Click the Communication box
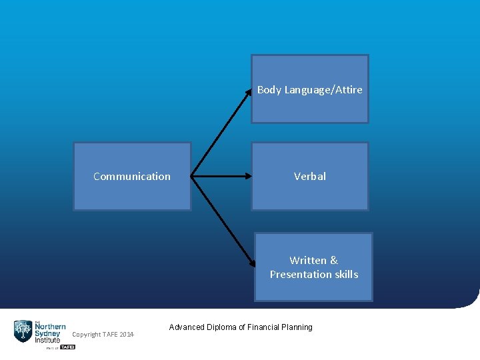pos(132,176)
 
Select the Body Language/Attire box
pos(309,89)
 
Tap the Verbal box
pos(309,176)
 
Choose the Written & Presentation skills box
pos(313,267)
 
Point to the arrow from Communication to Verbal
pos(221,177)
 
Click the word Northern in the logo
pos(50,327)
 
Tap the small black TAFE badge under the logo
pos(67,347)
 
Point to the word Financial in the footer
pos(263,327)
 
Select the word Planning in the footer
pos(297,327)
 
